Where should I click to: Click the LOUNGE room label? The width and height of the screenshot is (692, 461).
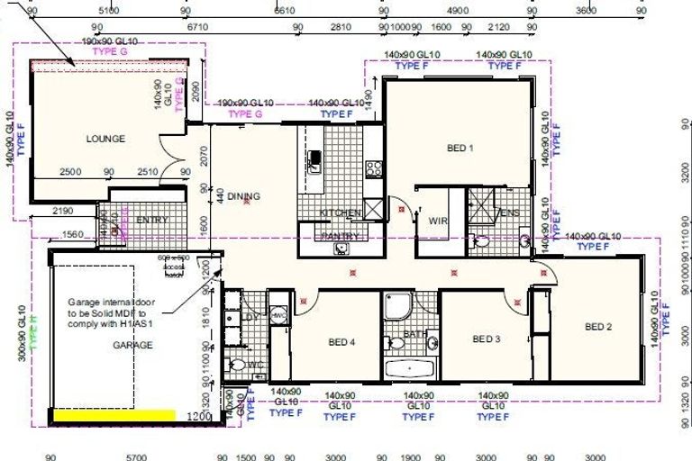tap(105, 139)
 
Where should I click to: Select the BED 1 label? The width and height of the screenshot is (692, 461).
tap(460, 149)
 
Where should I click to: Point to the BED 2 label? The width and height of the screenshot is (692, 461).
tap(598, 327)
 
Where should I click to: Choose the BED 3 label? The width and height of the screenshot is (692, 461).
tap(486, 339)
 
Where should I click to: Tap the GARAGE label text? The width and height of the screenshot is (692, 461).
tap(132, 345)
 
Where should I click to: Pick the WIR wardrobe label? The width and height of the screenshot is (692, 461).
tap(439, 220)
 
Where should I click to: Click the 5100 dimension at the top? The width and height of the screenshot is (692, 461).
tap(108, 11)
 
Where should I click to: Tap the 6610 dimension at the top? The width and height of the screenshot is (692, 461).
tap(285, 11)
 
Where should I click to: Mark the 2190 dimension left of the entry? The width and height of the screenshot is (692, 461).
tap(62, 211)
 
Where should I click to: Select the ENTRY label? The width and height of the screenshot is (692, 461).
tap(147, 221)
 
